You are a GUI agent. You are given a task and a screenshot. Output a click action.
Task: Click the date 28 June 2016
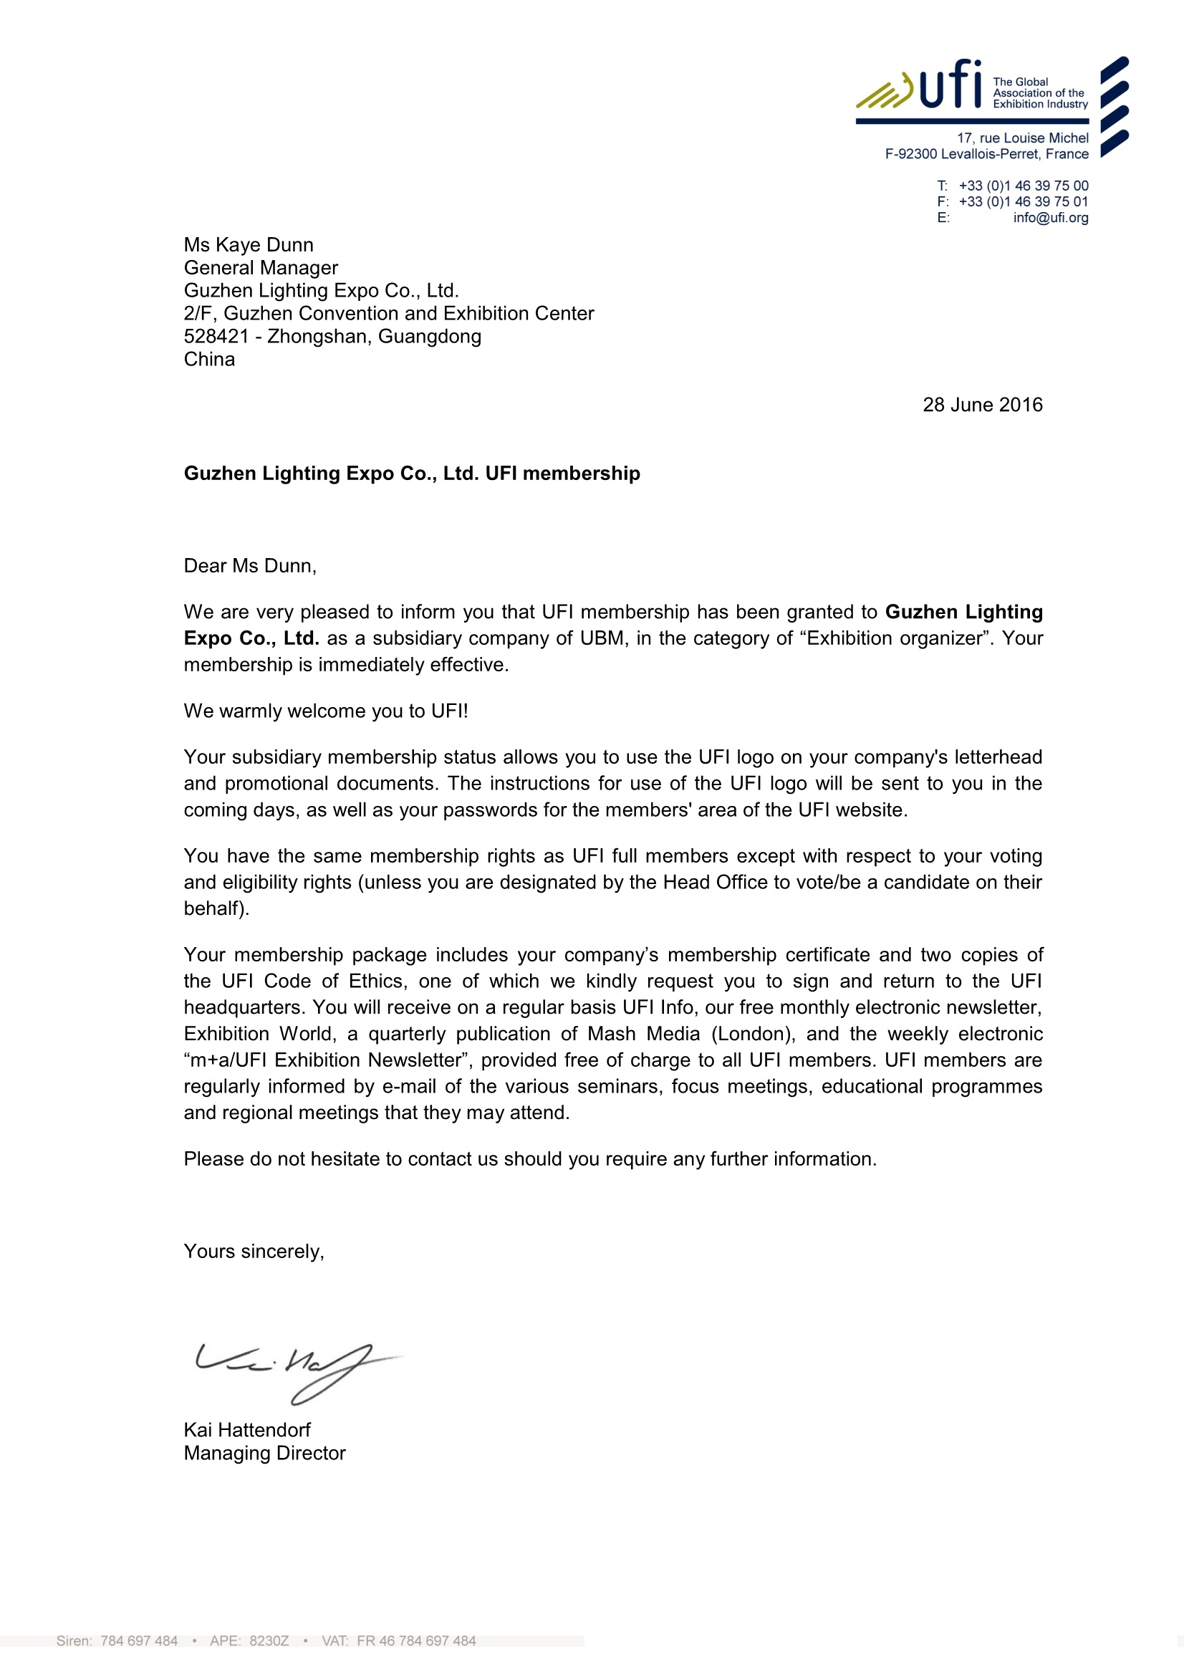[982, 405]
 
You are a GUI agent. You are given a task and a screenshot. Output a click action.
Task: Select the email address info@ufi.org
[1050, 217]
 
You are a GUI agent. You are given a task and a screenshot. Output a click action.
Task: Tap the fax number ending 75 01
[1023, 201]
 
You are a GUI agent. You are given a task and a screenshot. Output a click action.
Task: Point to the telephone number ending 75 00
[1023, 186]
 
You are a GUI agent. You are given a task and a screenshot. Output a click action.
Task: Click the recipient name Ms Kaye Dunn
[248, 245]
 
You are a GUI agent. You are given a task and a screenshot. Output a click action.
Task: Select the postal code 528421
[216, 336]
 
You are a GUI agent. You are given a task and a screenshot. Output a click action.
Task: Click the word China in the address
[209, 360]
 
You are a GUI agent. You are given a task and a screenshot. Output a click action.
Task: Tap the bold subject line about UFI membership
[411, 474]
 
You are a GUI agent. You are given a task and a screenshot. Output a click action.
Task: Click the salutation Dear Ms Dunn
[249, 566]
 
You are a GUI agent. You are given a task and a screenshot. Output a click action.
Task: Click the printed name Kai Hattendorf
[246, 1430]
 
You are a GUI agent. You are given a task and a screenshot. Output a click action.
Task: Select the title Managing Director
[264, 1453]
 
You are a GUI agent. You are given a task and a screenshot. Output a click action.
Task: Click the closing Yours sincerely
[253, 1252]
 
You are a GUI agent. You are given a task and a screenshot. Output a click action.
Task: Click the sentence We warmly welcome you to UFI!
[325, 711]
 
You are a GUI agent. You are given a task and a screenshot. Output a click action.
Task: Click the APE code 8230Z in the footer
[269, 1641]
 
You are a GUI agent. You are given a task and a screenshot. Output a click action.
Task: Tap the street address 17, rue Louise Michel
[1022, 138]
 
